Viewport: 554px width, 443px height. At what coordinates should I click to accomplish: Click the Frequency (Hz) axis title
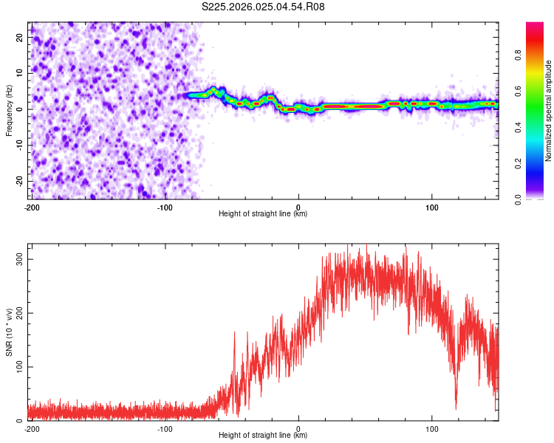[9, 111]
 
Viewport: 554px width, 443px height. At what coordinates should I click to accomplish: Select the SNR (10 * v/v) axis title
[9, 332]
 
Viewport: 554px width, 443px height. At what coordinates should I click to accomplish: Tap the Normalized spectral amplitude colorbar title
[549, 111]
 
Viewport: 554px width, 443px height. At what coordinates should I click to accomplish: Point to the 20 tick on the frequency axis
[21, 36]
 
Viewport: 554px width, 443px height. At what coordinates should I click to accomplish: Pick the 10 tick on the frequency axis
[21, 72]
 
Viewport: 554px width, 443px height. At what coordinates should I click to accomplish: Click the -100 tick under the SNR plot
[165, 429]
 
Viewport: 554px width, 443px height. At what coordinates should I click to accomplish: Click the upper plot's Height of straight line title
[263, 214]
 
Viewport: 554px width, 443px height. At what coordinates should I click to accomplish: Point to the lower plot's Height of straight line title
[263, 436]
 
